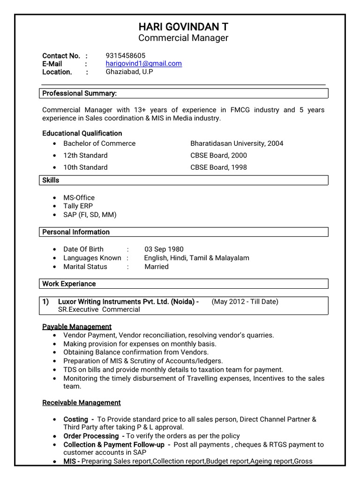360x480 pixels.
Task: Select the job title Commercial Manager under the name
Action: (x=183, y=38)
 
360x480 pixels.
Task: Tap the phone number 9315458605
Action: (x=126, y=55)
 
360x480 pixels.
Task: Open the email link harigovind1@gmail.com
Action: (x=143, y=64)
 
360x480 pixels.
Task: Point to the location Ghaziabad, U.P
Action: (x=129, y=72)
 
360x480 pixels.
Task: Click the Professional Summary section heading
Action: (x=79, y=93)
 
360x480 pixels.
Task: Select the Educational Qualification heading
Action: (x=82, y=133)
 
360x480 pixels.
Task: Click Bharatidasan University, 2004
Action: (x=237, y=143)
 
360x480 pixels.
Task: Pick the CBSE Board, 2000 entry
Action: (x=218, y=155)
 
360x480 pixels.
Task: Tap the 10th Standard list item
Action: (x=85, y=167)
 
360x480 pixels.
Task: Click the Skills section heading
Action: (x=51, y=180)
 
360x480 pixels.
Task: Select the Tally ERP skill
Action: (x=78, y=206)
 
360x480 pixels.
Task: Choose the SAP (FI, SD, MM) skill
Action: (x=90, y=215)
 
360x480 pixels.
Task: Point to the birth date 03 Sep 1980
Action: (x=164, y=249)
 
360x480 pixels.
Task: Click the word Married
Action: (x=156, y=267)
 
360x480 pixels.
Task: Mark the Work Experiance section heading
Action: (x=69, y=284)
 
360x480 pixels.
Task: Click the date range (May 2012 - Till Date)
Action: (x=245, y=301)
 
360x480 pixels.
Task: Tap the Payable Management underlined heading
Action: (x=77, y=327)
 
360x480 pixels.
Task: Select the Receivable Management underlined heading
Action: (x=82, y=403)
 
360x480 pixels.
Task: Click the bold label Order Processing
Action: (x=91, y=436)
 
